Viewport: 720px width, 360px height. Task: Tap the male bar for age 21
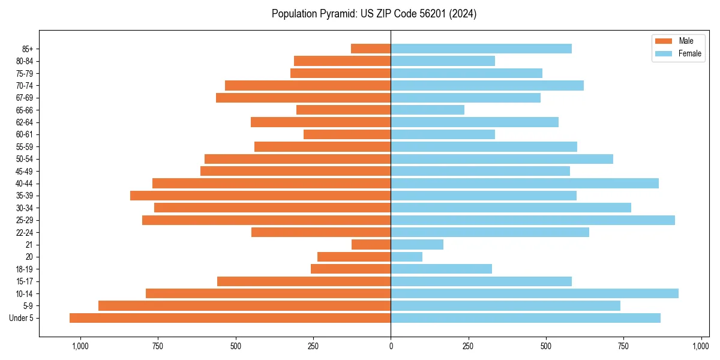pyautogui.click(x=371, y=244)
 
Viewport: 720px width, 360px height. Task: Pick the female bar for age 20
pyautogui.click(x=406, y=257)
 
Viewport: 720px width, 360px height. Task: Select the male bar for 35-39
pyautogui.click(x=260, y=196)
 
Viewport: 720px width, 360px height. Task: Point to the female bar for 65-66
pyautogui.click(x=427, y=110)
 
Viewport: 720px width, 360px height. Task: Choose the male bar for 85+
pyautogui.click(x=371, y=49)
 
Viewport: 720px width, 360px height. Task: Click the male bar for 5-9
pyautogui.click(x=245, y=306)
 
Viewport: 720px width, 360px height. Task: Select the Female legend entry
pyautogui.click(x=689, y=53)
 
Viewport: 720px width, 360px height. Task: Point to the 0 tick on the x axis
pyautogui.click(x=391, y=346)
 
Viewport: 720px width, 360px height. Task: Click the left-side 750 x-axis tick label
pyautogui.click(x=158, y=346)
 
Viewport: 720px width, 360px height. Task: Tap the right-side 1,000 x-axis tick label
pyautogui.click(x=701, y=346)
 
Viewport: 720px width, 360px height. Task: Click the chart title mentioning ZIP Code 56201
pyautogui.click(x=374, y=14)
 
